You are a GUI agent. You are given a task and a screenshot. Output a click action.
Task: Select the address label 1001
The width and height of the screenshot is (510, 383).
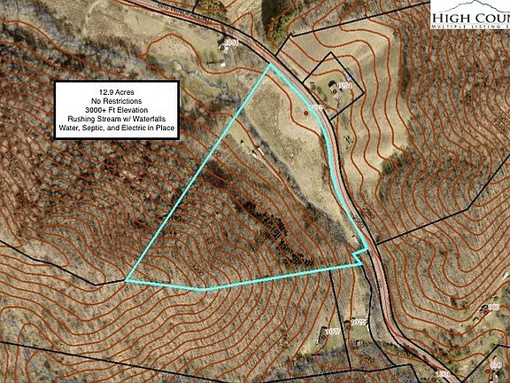[232, 43]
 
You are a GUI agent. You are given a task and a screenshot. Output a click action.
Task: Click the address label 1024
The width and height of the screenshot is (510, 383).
[344, 85]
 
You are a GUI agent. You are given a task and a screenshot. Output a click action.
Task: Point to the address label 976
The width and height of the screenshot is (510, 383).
[315, 108]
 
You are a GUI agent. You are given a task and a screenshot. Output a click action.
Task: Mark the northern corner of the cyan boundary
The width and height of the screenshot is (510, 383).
[270, 65]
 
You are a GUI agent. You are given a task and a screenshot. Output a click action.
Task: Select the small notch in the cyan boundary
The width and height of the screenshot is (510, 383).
[358, 257]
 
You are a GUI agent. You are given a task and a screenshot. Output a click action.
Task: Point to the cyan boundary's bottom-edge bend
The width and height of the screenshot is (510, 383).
[204, 289]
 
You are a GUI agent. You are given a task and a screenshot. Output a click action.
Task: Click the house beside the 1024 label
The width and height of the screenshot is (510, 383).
[331, 87]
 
